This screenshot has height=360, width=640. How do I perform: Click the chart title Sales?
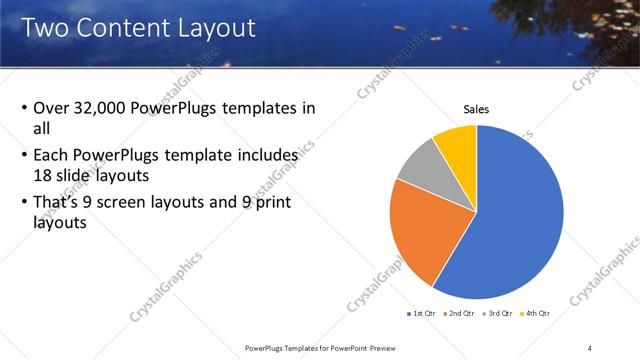[476, 109]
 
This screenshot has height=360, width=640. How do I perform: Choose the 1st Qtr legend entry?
[422, 314]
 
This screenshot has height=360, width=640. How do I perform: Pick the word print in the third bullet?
[280, 203]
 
